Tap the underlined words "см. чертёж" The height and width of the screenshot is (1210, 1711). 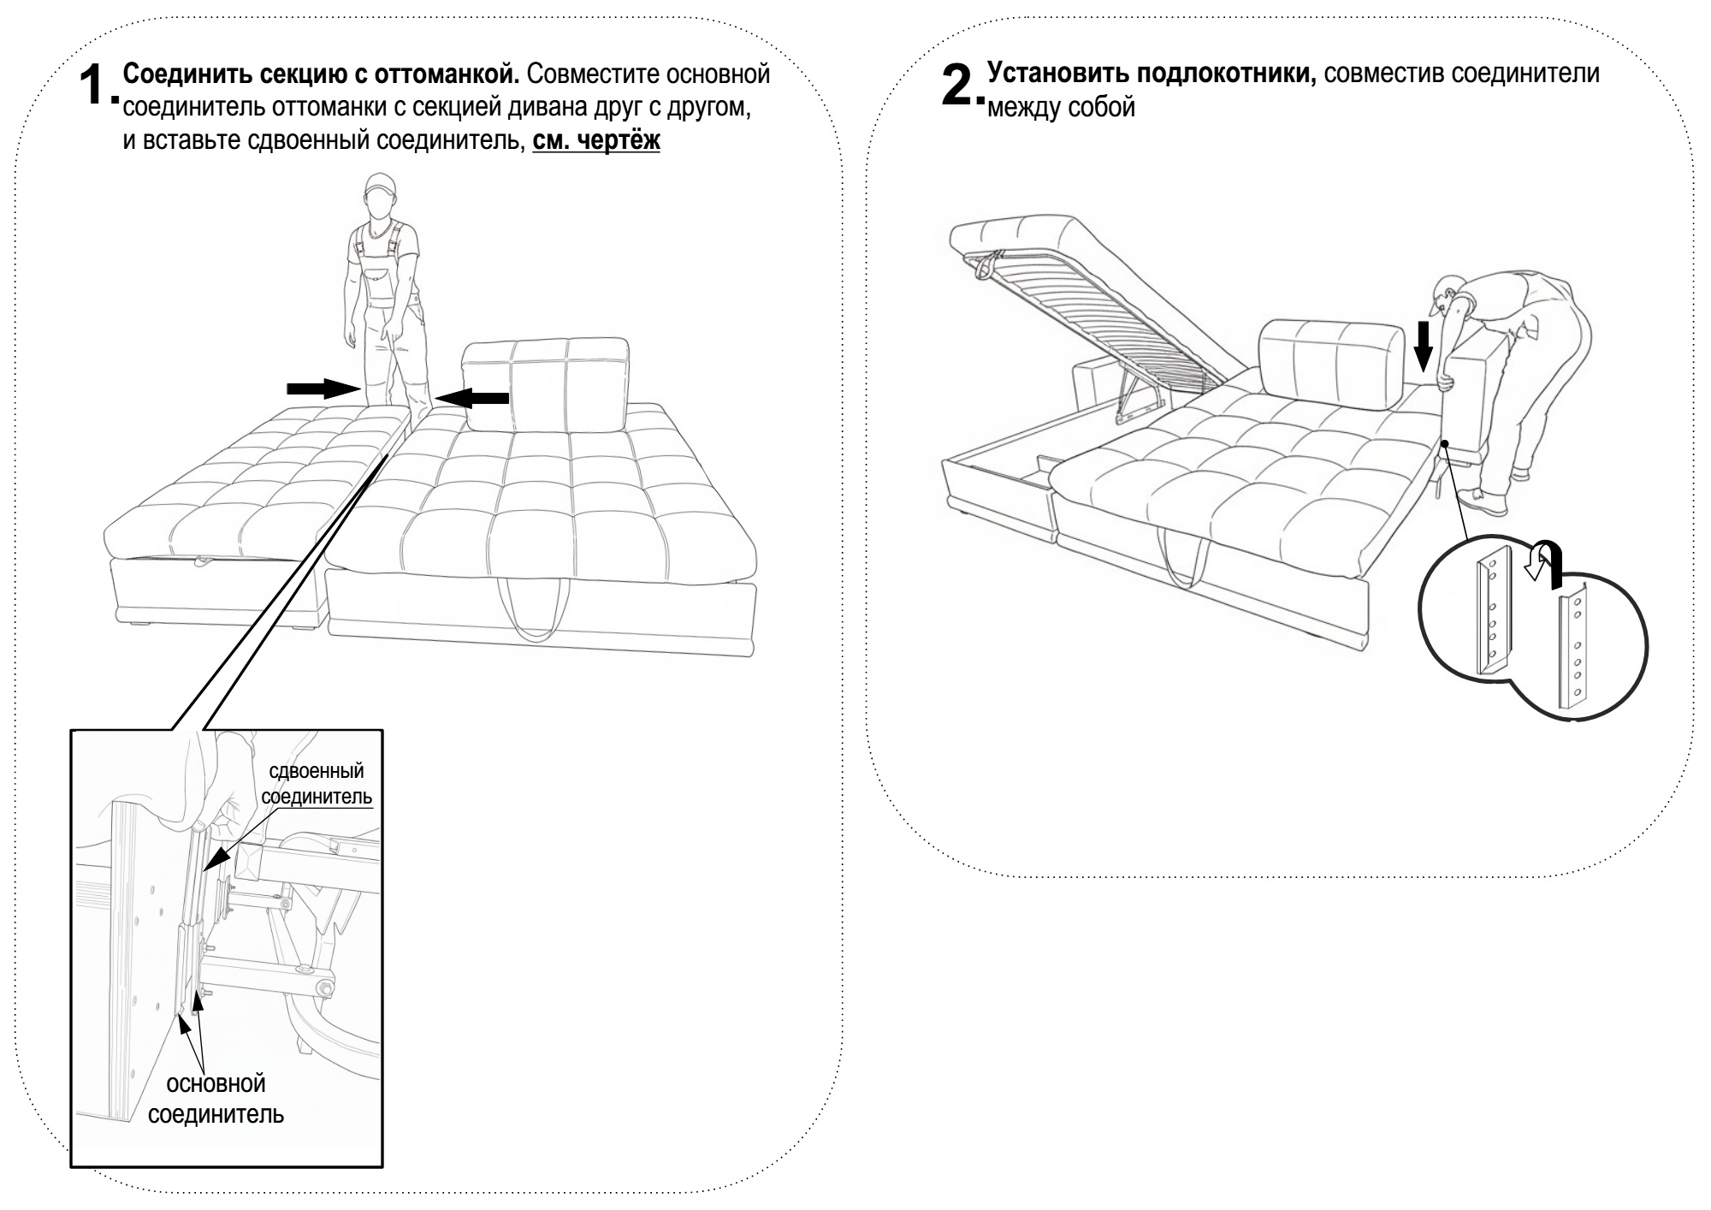595,141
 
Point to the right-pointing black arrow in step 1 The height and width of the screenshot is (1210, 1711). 323,389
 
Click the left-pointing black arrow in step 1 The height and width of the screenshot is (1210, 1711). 472,397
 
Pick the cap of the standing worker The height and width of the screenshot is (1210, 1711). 379,186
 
